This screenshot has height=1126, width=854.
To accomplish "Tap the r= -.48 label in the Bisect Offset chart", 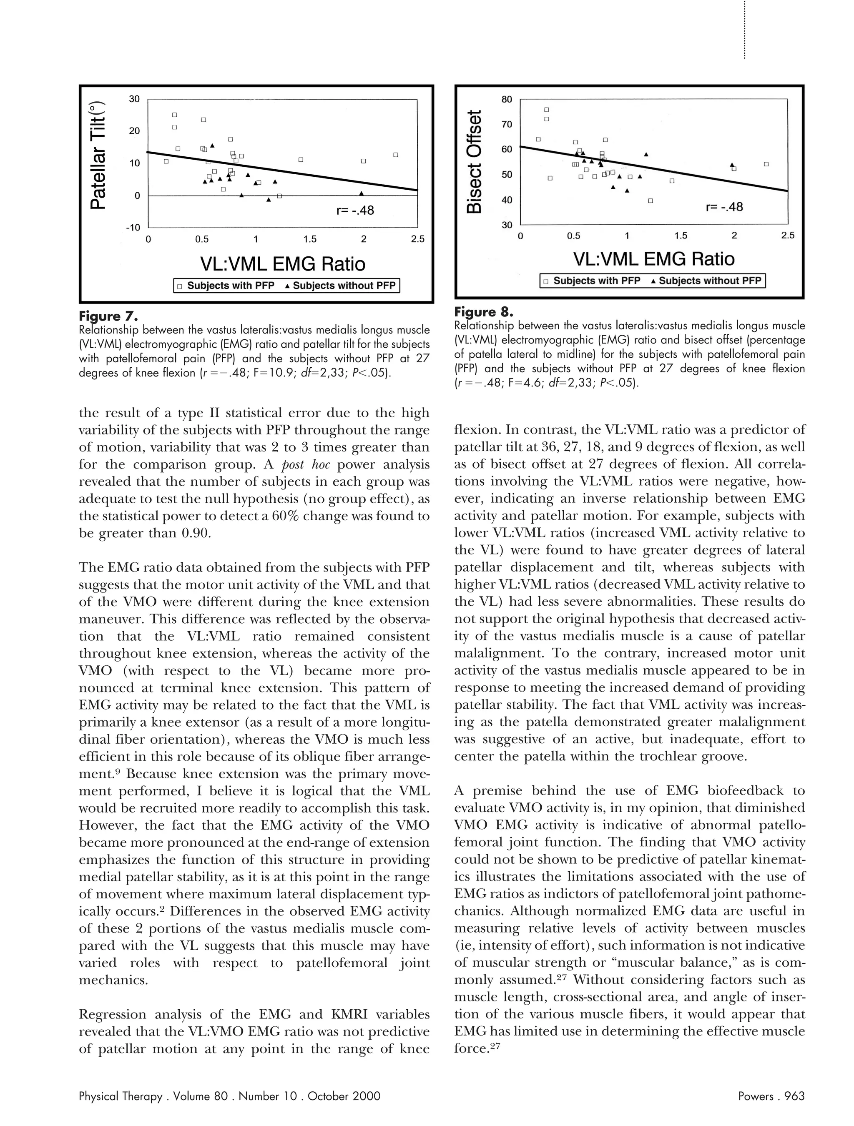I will (724, 207).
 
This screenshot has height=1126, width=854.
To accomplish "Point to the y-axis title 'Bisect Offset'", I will (473, 162).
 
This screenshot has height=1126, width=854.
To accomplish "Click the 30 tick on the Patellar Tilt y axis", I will (134, 99).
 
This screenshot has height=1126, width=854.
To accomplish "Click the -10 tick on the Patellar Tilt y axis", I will (133, 228).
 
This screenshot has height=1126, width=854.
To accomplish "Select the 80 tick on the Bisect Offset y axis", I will (507, 99).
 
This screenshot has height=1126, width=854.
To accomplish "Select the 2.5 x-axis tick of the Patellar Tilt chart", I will (417, 239).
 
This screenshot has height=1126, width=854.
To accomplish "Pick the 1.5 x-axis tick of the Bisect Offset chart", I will (681, 236).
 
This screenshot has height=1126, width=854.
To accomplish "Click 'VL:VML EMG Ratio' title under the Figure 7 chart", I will (283, 264).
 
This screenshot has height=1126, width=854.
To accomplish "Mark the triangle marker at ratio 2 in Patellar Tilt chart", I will (362, 193).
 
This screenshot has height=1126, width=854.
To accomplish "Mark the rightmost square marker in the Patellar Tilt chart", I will (396, 155).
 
